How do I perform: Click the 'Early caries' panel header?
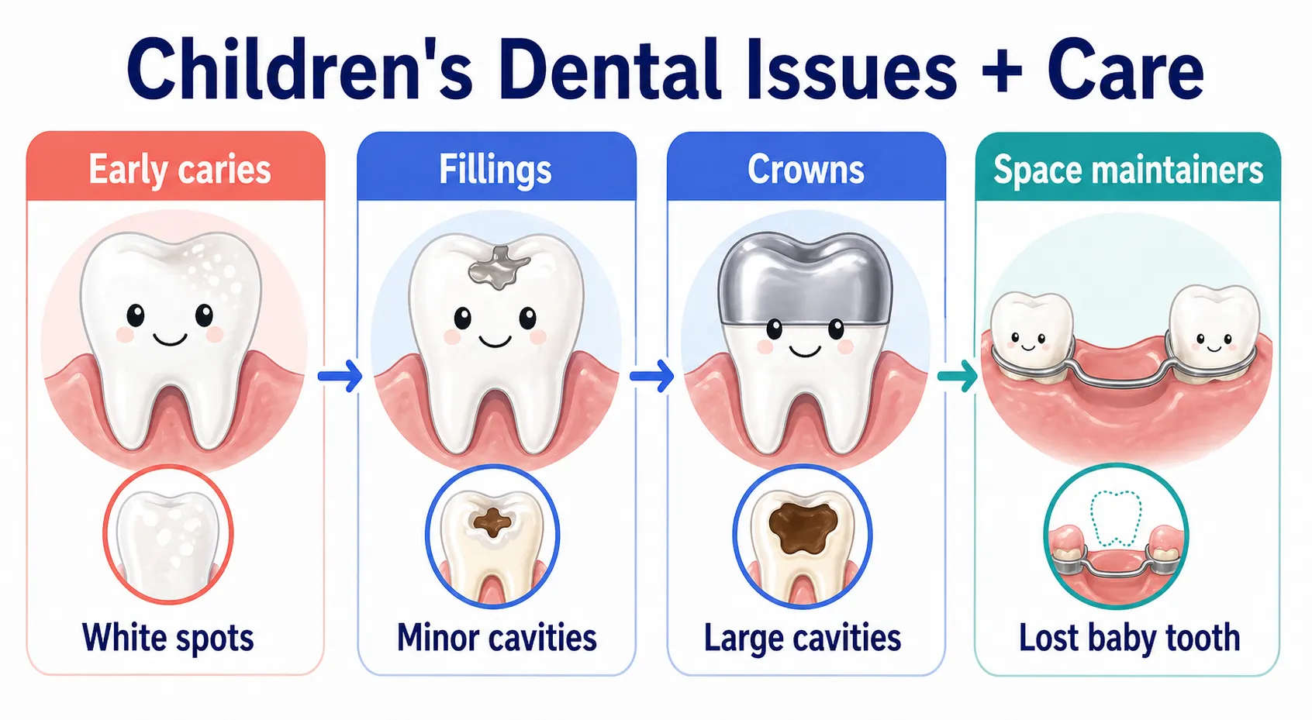tap(179, 170)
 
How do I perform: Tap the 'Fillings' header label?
tap(495, 170)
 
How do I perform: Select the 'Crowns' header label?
tap(806, 170)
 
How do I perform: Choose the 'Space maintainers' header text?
tap(1128, 170)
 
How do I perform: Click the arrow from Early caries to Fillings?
tap(340, 377)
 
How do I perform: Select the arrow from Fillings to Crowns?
tap(651, 377)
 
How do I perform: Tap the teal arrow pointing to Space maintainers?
tap(958, 377)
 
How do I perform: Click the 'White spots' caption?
tap(168, 638)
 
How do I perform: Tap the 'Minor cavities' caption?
tap(497, 638)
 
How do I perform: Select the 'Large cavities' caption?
tap(803, 638)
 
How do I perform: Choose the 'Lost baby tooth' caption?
tap(1129, 638)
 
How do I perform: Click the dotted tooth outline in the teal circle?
tap(1116, 518)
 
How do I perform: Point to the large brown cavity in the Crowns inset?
tap(803, 525)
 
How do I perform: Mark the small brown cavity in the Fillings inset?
tap(492, 522)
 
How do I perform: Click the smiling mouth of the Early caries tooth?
tap(170, 339)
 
